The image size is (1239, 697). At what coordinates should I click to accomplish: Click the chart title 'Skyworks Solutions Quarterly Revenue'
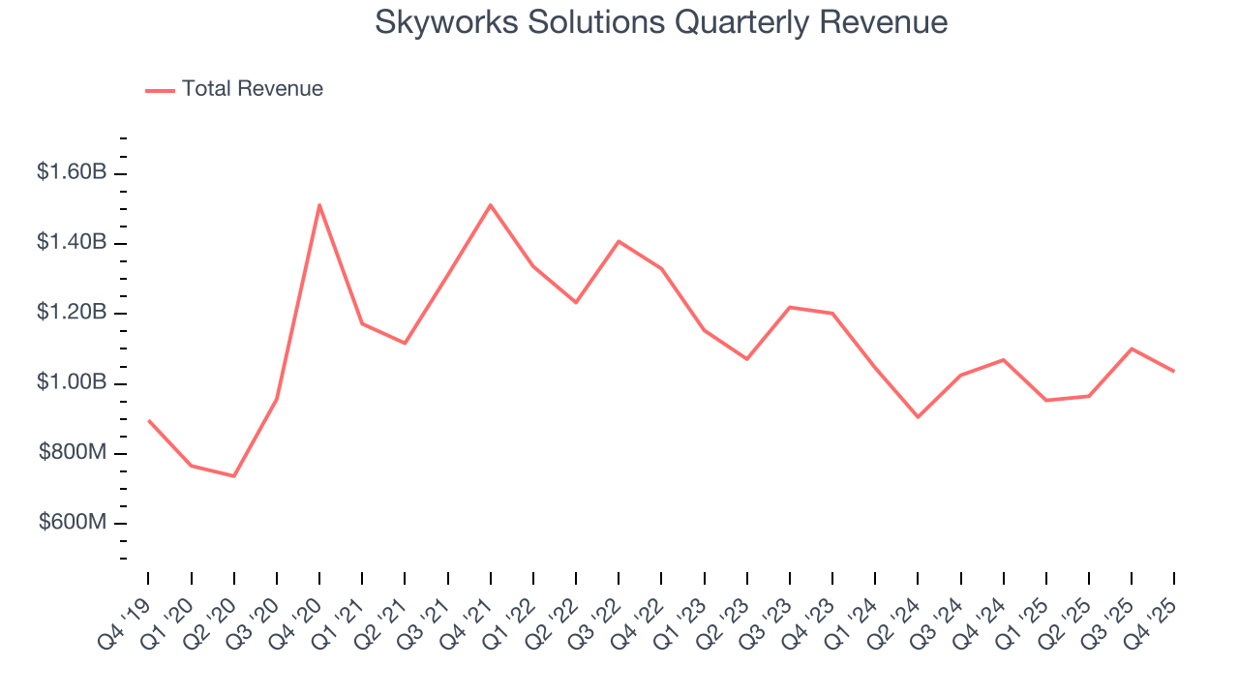(661, 22)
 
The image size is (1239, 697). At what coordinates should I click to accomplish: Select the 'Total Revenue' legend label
(252, 89)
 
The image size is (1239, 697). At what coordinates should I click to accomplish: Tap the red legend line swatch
(160, 90)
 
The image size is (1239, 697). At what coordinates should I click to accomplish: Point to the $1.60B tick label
(72, 172)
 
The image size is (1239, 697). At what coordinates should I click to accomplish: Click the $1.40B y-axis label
(72, 242)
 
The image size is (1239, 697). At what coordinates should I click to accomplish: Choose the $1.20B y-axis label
(72, 313)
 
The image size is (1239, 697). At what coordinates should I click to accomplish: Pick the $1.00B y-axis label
(72, 382)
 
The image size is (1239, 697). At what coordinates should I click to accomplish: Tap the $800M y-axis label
(73, 453)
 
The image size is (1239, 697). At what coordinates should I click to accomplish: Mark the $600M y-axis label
(73, 523)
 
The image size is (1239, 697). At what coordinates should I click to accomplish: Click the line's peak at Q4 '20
(319, 204)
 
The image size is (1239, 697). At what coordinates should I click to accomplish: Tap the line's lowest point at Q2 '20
(234, 475)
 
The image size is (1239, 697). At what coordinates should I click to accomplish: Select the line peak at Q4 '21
(491, 204)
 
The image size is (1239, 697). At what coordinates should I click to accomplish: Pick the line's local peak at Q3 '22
(619, 241)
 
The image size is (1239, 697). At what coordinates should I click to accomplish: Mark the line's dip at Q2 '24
(918, 417)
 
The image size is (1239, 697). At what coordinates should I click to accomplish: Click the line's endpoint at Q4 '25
(1174, 371)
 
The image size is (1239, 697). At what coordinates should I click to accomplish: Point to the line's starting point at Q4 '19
(149, 421)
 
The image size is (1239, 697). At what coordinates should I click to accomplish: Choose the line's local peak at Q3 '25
(1132, 348)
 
